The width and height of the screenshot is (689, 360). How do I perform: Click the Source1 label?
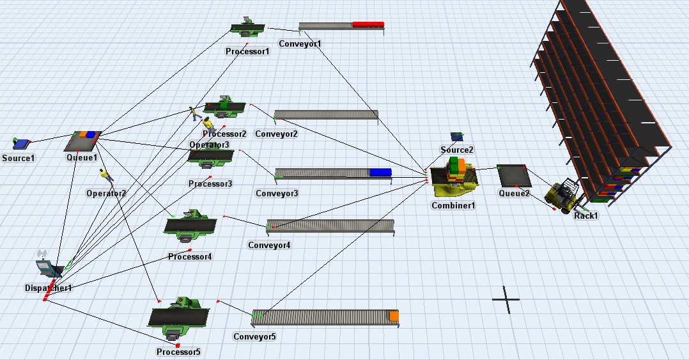click(19, 157)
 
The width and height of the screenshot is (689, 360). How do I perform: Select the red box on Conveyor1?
click(368, 24)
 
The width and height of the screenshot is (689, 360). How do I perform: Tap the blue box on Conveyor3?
click(380, 172)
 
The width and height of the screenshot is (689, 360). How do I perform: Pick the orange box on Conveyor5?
click(394, 316)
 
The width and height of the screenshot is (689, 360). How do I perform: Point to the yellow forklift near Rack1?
click(562, 196)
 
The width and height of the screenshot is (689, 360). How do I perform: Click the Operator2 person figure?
click(105, 175)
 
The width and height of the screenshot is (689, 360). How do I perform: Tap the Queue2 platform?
click(514, 176)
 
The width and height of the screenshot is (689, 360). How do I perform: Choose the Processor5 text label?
click(178, 352)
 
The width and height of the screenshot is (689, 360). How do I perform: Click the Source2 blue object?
click(457, 136)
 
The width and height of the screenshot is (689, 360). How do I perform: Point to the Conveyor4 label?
click(269, 245)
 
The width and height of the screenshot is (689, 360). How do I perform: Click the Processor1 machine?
click(247, 28)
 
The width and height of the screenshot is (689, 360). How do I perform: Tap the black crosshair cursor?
click(506, 299)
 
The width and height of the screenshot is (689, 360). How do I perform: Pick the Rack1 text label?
click(585, 215)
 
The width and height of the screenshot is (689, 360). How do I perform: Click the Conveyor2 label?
click(276, 134)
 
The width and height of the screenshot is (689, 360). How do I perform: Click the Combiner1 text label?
click(453, 205)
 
